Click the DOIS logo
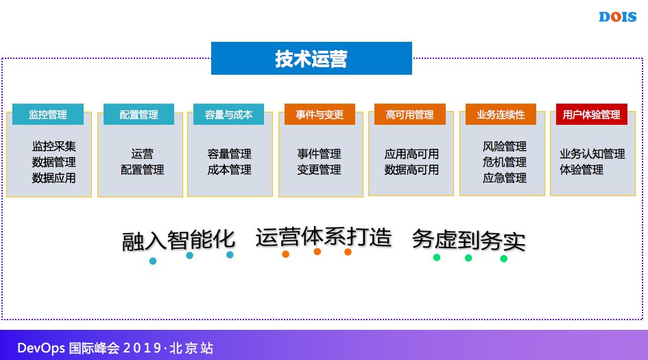point(617,17)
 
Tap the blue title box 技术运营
point(311,59)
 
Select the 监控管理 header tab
point(48,115)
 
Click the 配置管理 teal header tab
point(139,115)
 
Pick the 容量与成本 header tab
point(228,115)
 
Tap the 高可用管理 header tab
point(410,115)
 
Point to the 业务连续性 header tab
point(501,115)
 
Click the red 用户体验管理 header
point(591,115)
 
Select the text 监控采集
point(53,147)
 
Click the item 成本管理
point(229,169)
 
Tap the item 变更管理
point(319,169)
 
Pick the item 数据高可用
point(411,169)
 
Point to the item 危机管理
point(505,163)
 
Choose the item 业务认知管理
point(592,154)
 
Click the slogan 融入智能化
point(178,240)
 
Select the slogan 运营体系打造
point(323,237)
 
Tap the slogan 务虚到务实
point(468,240)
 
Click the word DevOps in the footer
point(40,348)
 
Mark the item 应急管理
point(505,178)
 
